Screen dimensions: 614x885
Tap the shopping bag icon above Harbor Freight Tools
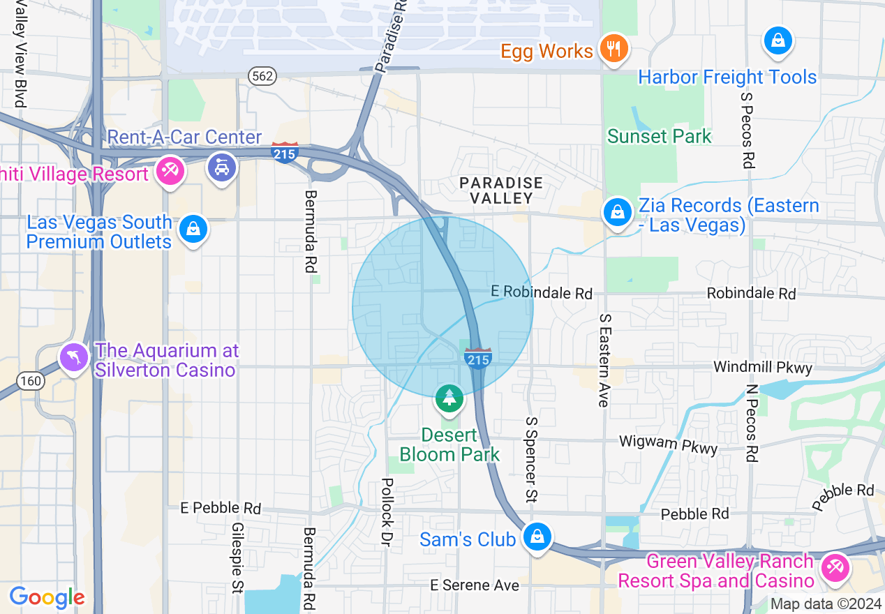[777, 41]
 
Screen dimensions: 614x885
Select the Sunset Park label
[659, 136]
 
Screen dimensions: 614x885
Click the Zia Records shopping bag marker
[617, 212]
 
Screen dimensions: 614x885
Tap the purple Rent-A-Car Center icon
[222, 167]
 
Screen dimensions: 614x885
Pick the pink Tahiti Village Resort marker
[170, 170]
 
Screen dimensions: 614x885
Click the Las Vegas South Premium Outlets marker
[193, 229]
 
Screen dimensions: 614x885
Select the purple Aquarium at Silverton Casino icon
[74, 357]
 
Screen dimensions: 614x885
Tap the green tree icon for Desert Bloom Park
[449, 398]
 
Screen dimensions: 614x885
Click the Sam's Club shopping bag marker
[537, 537]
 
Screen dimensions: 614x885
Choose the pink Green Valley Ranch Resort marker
[834, 568]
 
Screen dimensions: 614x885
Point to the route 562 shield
[262, 76]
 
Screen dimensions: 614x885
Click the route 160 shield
[31, 381]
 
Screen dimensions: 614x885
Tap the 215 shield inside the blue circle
[477, 358]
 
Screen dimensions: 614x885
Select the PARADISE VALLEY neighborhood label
[501, 190]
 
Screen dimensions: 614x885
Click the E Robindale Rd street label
[541, 292]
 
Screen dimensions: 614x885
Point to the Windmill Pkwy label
[762, 367]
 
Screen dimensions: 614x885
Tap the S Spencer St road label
[531, 460]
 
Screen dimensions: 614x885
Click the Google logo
[47, 597]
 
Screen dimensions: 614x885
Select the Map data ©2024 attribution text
[826, 604]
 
